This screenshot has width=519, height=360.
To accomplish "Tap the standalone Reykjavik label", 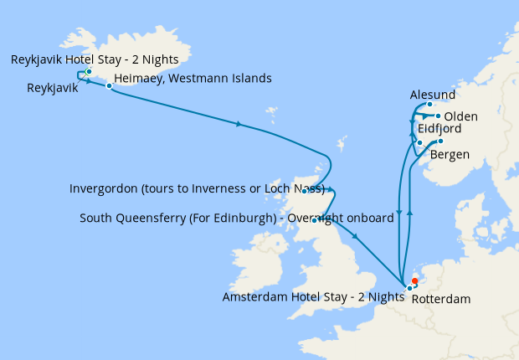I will click(53, 87).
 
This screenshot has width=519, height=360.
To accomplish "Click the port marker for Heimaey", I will click(109, 85).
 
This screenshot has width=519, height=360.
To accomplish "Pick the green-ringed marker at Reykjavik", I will click(89, 72).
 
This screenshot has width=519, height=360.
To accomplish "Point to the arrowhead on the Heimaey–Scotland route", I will click(239, 125).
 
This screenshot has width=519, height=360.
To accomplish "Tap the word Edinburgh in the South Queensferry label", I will click(240, 219).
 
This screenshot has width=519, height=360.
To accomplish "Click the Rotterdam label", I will click(442, 298).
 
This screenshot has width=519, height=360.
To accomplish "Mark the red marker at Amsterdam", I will click(414, 281).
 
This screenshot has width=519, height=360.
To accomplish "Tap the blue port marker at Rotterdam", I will click(410, 288).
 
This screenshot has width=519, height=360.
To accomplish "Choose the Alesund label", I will click(434, 95).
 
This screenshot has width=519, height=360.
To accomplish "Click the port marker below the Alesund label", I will click(429, 105).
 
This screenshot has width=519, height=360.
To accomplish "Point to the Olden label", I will click(461, 116).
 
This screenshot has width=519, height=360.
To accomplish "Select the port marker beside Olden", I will click(438, 116).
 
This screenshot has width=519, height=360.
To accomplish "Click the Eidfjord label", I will click(434, 129).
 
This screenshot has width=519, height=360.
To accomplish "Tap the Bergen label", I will click(450, 155).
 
